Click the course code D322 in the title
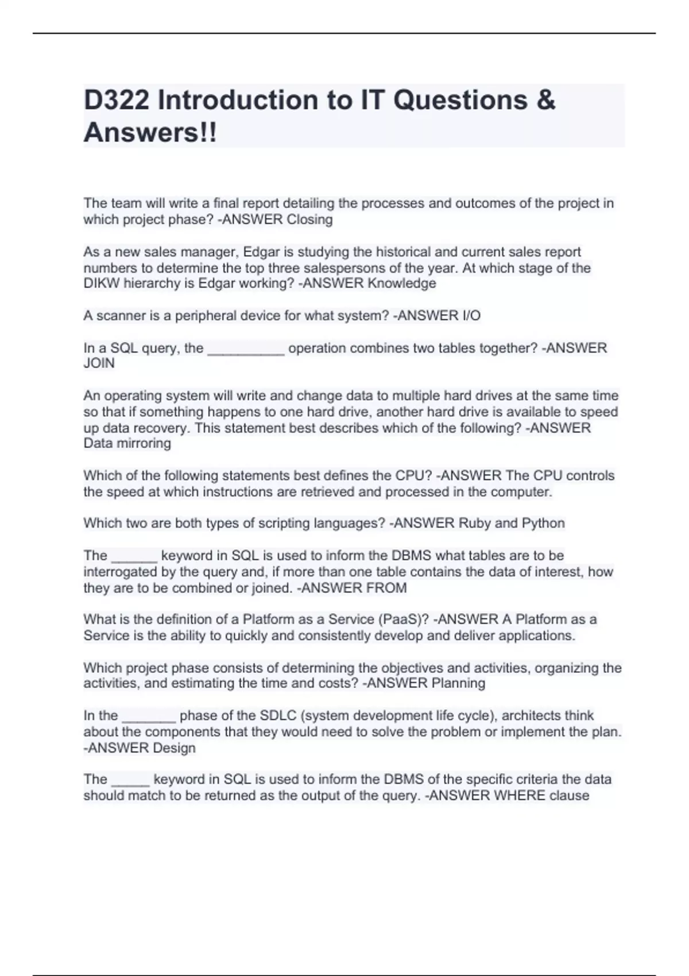pos(117,100)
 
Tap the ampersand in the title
pos(547,100)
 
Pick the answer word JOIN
pos(99,363)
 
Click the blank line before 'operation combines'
pos(246,351)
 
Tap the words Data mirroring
pos(127,443)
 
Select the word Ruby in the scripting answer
pos(474,523)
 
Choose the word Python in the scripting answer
pos(543,523)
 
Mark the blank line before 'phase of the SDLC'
pos(149,719)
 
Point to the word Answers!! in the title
pos(150,133)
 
